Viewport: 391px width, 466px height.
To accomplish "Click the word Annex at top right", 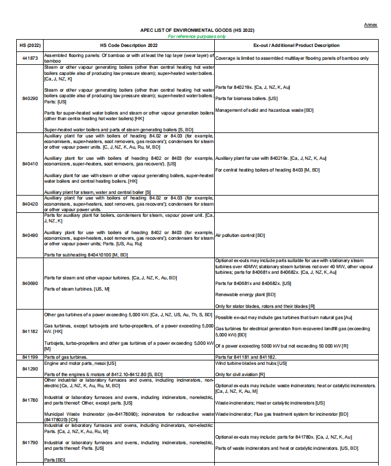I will [371, 25].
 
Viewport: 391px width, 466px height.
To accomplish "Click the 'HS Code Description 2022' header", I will [129, 45].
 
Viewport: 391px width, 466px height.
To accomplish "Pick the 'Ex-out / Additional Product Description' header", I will [296, 45].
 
